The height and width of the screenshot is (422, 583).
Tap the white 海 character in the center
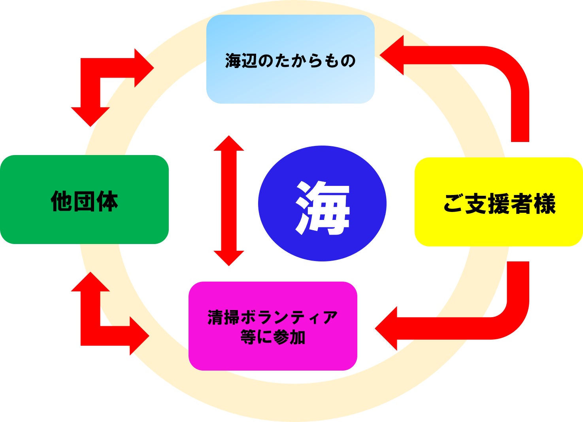322,207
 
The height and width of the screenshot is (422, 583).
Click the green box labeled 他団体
84,221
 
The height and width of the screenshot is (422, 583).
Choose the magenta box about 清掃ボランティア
273,356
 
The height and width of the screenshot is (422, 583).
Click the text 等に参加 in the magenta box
273,337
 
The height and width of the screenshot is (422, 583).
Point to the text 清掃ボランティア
273,318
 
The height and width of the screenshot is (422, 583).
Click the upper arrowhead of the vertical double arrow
229,144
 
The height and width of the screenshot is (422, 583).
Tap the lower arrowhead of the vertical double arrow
229,257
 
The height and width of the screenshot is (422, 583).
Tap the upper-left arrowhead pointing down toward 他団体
91,116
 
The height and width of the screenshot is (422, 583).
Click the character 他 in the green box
61,201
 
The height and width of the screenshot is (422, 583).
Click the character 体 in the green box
107,201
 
